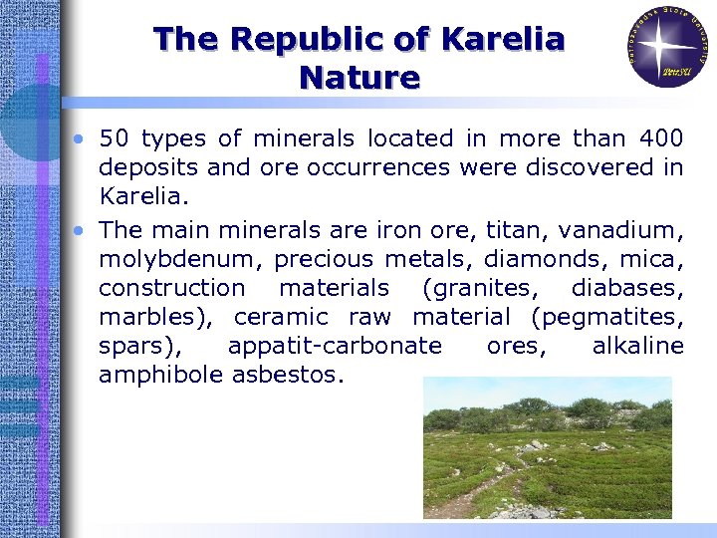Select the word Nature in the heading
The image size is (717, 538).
tap(358, 77)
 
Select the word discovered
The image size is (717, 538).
tap(570, 167)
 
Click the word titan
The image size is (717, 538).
tap(515, 230)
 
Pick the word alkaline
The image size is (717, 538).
tap(637, 346)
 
